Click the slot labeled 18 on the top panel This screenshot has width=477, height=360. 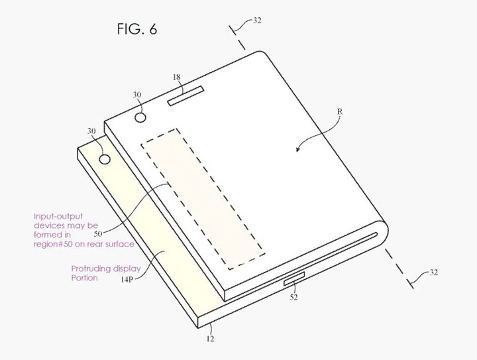click(x=187, y=98)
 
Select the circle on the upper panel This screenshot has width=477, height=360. click(x=140, y=117)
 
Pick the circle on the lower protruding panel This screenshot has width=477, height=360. click(x=105, y=159)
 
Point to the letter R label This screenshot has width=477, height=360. click(x=340, y=113)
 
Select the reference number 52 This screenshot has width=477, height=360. click(x=293, y=298)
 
